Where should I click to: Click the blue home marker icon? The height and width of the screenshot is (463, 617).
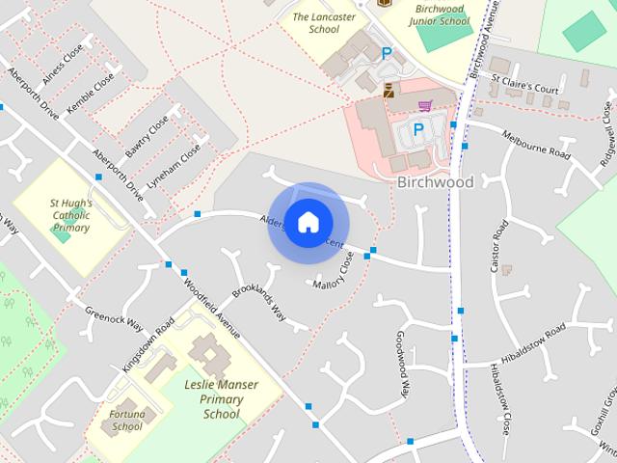pyautogui.click(x=307, y=222)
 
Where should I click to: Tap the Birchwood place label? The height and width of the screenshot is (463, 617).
pyautogui.click(x=435, y=182)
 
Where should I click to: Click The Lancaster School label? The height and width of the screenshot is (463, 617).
pyautogui.click(x=324, y=23)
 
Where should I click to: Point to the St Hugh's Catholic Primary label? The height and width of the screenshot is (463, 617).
pyautogui.click(x=70, y=215)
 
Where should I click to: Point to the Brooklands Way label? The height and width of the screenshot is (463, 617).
pyautogui.click(x=259, y=303)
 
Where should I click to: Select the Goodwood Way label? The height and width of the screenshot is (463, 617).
pyautogui.click(x=402, y=362)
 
